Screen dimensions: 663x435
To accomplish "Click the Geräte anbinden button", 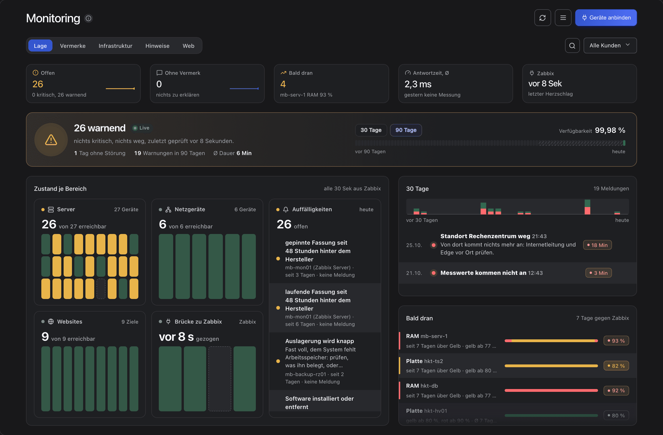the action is (606, 18).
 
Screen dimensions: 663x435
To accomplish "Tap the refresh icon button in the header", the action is (542, 18).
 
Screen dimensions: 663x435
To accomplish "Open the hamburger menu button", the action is (563, 18).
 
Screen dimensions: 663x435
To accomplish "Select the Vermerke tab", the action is (73, 46).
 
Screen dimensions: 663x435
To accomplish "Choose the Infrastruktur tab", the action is (115, 46).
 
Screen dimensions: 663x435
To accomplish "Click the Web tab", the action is (188, 46).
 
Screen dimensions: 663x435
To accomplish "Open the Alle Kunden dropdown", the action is (610, 45).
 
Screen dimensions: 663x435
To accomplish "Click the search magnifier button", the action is (572, 46).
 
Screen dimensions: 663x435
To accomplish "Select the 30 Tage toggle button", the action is (371, 130).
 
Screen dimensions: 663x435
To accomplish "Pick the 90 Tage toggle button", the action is (406, 130).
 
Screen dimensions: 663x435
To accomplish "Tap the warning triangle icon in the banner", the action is (51, 140).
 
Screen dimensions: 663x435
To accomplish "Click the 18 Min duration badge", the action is (597, 245).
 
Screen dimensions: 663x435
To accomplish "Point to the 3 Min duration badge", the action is (598, 273).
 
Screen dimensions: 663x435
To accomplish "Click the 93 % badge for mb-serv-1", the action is (616, 341).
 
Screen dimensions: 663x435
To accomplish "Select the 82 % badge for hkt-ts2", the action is (616, 366).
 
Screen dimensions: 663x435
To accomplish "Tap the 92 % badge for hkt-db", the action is (616, 390).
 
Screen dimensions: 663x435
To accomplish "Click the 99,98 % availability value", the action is (610, 130).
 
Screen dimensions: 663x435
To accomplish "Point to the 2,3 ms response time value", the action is (418, 84).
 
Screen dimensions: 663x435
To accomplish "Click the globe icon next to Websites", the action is (51, 322).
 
